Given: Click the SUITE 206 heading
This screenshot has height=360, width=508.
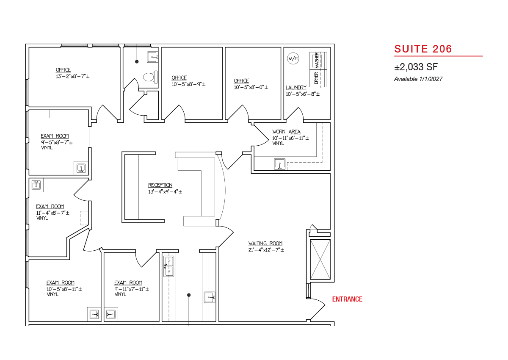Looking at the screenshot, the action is pos(423,49).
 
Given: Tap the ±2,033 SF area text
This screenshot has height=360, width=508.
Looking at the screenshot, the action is pos(416,67).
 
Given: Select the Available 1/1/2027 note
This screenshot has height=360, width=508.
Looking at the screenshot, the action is pos(418,79).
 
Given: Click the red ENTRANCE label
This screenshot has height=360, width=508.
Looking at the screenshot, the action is pos(347,299).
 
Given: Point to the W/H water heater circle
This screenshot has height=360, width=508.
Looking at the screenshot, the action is pos(293,58).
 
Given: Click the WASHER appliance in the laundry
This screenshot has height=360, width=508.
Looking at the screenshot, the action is pos(318,61).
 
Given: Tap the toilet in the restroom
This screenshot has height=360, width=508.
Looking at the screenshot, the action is pos(151,77).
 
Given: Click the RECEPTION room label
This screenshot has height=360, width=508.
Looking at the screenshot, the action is pos(160,185).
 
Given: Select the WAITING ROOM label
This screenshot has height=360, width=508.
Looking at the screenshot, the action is pos(265,244).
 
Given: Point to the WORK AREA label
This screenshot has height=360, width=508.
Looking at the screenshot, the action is pos(286,132).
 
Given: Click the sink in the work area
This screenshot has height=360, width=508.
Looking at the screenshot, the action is pos(280,164).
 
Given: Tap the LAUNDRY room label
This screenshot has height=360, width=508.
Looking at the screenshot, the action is pos(296,88).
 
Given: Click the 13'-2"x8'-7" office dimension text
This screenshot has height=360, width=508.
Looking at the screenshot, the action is pos(72,76).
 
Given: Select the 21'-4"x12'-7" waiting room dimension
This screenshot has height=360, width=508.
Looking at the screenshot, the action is pos(266,250).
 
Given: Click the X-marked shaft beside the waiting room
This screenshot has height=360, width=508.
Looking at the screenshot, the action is pos(320,259).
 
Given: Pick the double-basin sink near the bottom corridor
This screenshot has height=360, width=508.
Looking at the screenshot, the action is pos(169,266).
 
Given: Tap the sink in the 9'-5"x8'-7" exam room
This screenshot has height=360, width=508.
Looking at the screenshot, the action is pos(81,168).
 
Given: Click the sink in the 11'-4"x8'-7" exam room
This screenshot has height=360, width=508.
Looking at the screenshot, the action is pos(36,185).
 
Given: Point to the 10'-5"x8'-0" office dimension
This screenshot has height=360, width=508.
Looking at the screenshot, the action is pos(251,87).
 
